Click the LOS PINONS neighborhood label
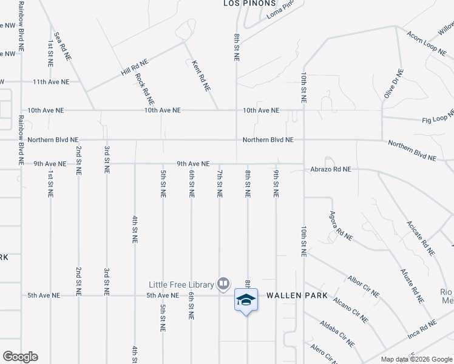tap(245, 3)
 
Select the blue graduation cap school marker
tap(246, 300)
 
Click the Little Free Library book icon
tap(223, 283)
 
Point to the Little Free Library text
tap(182, 284)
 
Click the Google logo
tap(20, 357)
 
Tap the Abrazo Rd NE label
tap(331, 170)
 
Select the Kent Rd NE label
tap(201, 75)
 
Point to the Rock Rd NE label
tap(145, 88)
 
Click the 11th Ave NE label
tap(51, 81)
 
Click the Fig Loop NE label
tap(438, 116)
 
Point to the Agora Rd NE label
tap(341, 226)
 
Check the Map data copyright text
tap(416, 359)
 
